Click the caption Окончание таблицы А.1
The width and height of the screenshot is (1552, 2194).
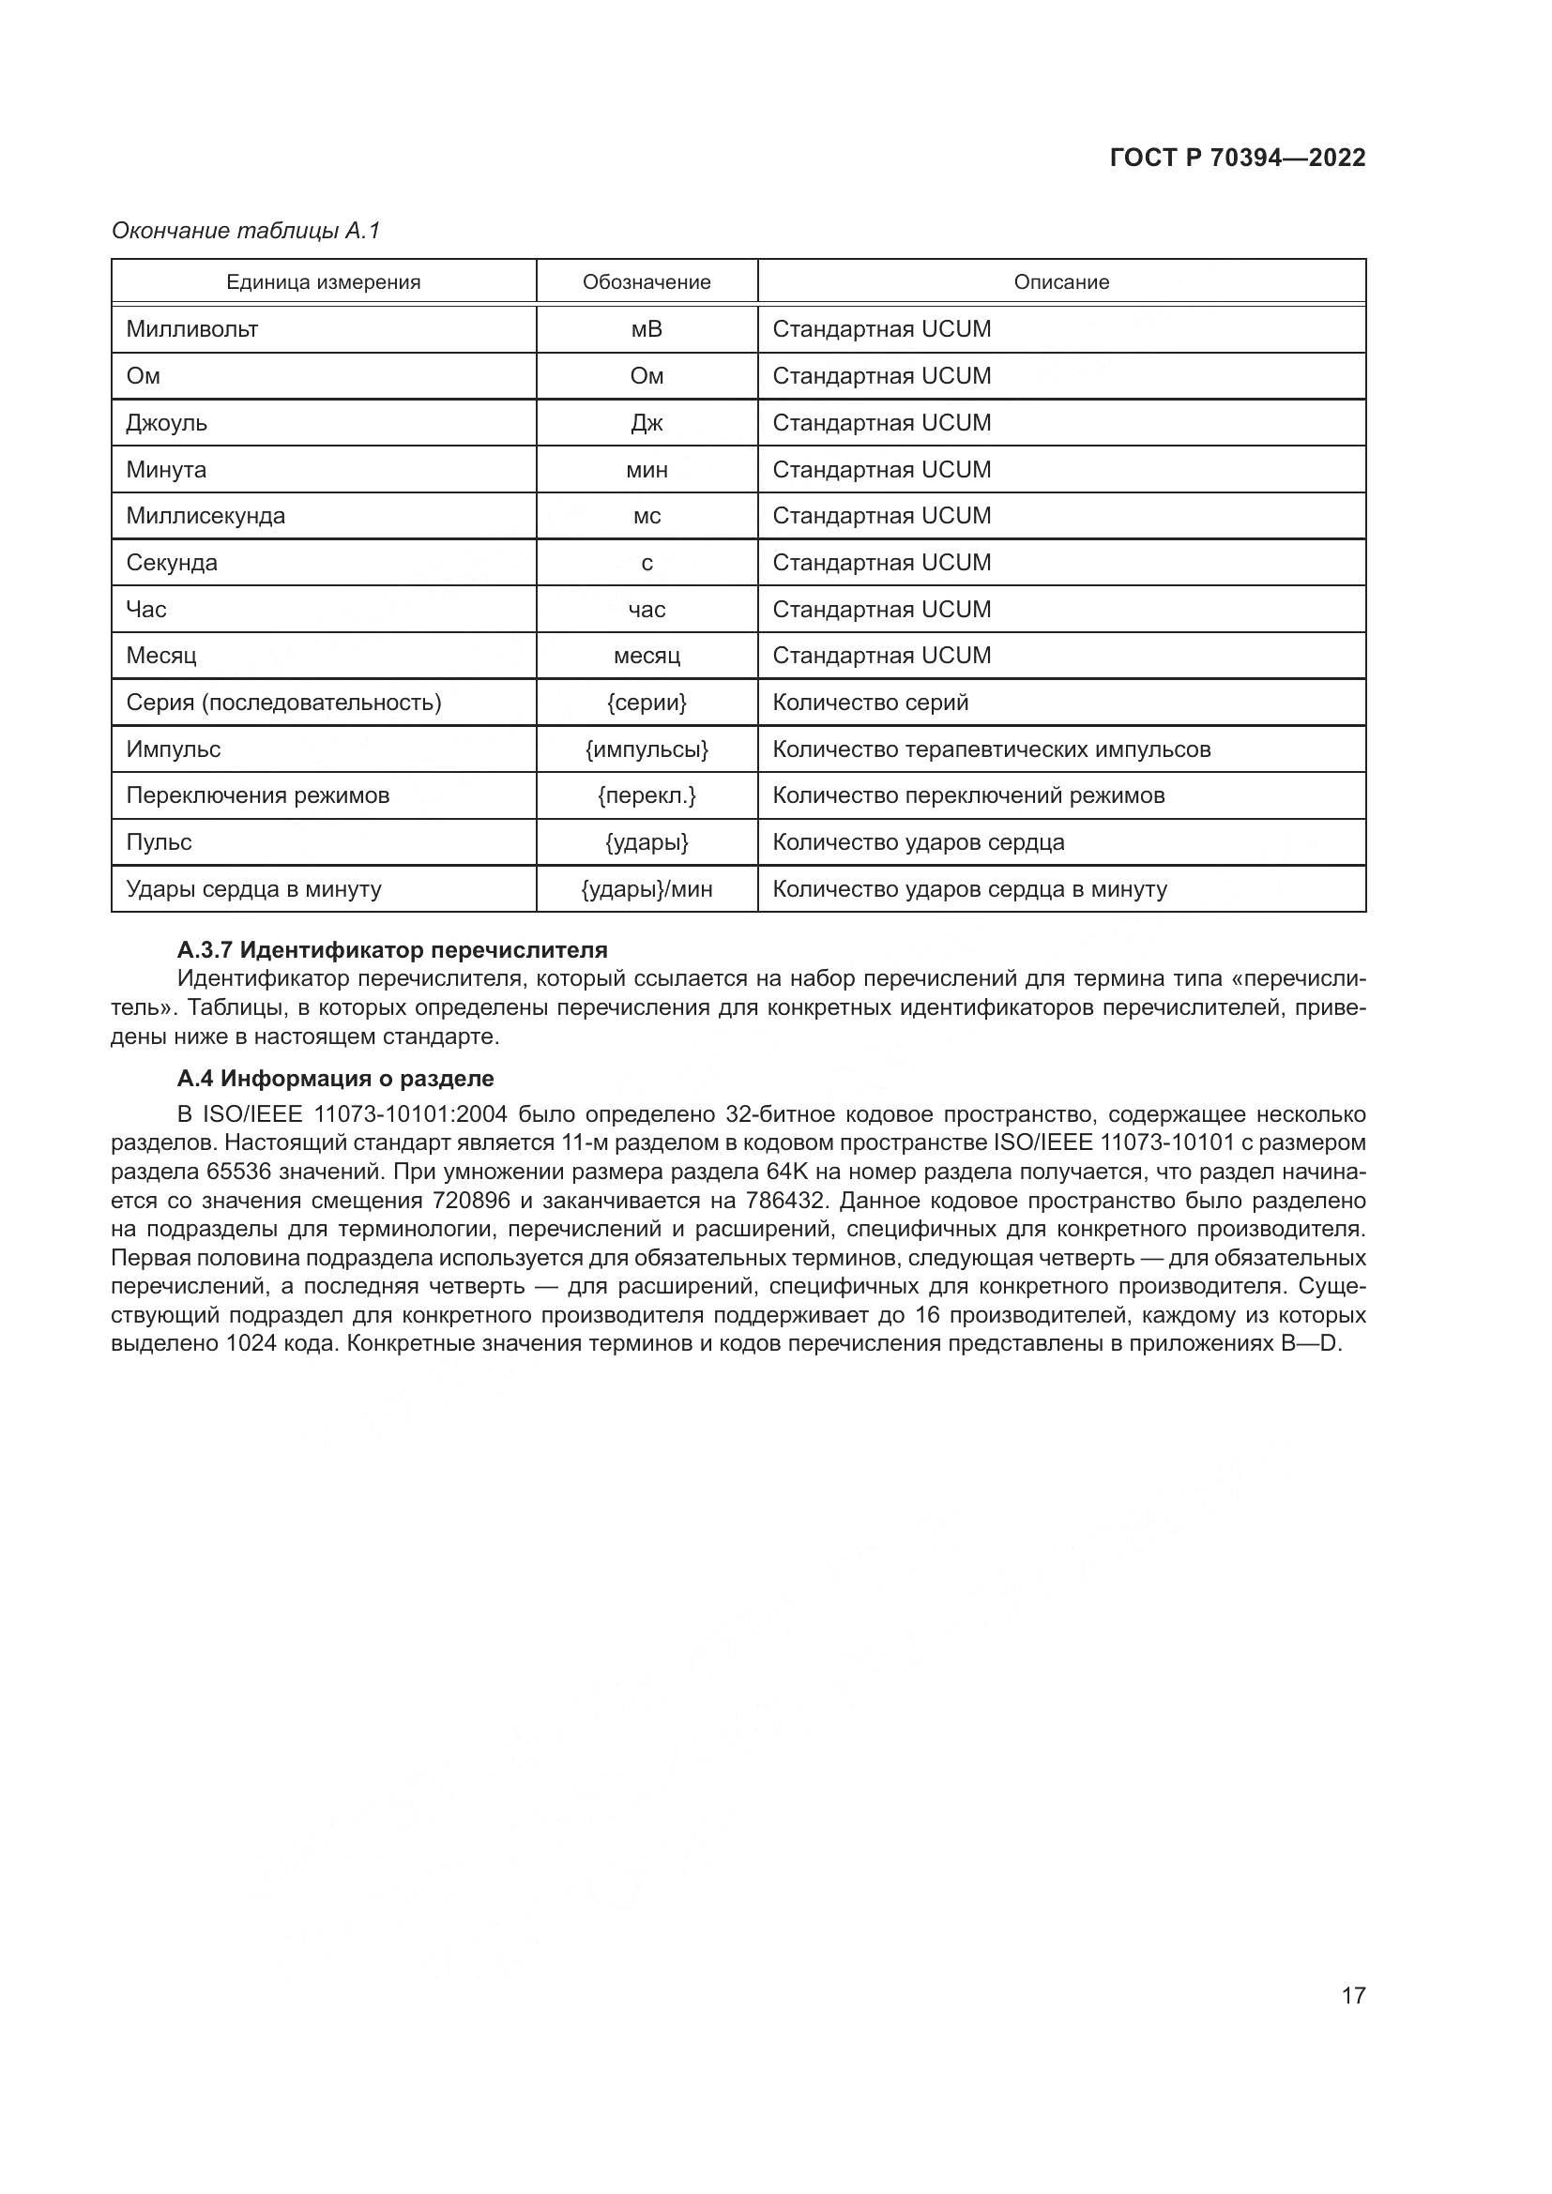pyautogui.click(x=246, y=231)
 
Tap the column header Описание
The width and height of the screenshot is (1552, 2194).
pyautogui.click(x=1061, y=282)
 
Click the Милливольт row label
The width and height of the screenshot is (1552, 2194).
pyautogui.click(x=192, y=328)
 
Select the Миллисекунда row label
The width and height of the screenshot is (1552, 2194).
pyautogui.click(x=205, y=516)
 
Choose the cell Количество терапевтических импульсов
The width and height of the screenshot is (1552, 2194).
pyautogui.click(x=991, y=749)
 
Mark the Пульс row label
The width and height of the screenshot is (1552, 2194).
pyautogui.click(x=159, y=841)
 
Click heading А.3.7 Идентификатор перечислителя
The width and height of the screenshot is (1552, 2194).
pyautogui.click(x=392, y=950)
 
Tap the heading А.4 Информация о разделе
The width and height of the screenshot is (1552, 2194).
pyautogui.click(x=335, y=1078)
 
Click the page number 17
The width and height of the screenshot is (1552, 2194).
pyautogui.click(x=1353, y=1995)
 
